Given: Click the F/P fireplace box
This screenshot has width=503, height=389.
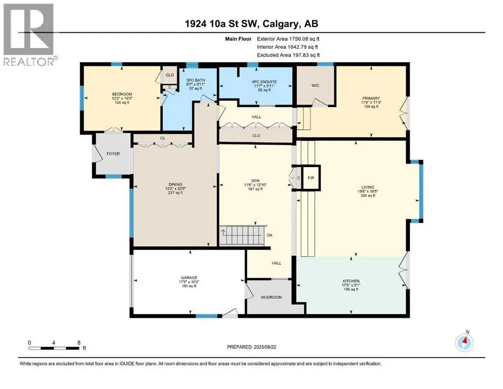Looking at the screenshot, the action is (311, 178).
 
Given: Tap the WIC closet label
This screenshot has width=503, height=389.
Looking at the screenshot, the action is (316, 86).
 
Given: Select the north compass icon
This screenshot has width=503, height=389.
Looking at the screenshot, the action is (464, 342).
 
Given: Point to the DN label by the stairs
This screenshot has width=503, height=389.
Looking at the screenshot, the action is (269, 235).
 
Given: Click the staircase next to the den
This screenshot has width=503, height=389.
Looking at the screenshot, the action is (243, 236).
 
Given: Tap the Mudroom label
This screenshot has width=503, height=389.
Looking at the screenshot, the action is (272, 297).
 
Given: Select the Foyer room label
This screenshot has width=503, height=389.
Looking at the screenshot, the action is (113, 153).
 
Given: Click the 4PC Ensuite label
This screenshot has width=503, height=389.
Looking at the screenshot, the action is (264, 82).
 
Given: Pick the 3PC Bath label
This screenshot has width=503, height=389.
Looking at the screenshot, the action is (196, 80).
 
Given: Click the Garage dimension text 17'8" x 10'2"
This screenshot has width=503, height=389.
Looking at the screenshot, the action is (189, 282).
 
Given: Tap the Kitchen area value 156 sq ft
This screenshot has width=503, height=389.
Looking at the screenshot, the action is (351, 289).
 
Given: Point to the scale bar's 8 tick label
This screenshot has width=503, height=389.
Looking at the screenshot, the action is (79, 342).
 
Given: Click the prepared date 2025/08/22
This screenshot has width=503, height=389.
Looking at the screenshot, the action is (264, 347).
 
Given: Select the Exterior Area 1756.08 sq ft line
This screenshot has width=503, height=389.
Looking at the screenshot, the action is (288, 39).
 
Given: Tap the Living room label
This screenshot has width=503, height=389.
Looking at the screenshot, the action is (368, 187).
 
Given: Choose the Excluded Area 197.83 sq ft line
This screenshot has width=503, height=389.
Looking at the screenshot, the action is (288, 55).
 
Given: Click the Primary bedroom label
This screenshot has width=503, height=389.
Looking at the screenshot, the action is (371, 98).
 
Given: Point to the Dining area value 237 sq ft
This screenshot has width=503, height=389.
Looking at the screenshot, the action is (175, 193).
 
